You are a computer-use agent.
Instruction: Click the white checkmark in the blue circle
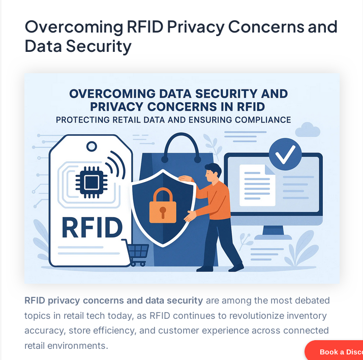285,154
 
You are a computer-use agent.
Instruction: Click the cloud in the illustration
307,130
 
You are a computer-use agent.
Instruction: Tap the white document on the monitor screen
256,185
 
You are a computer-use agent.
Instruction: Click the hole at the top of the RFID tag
92,146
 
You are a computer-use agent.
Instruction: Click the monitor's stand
273,233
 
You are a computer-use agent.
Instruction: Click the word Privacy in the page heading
191,26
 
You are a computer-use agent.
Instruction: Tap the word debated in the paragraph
311,301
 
